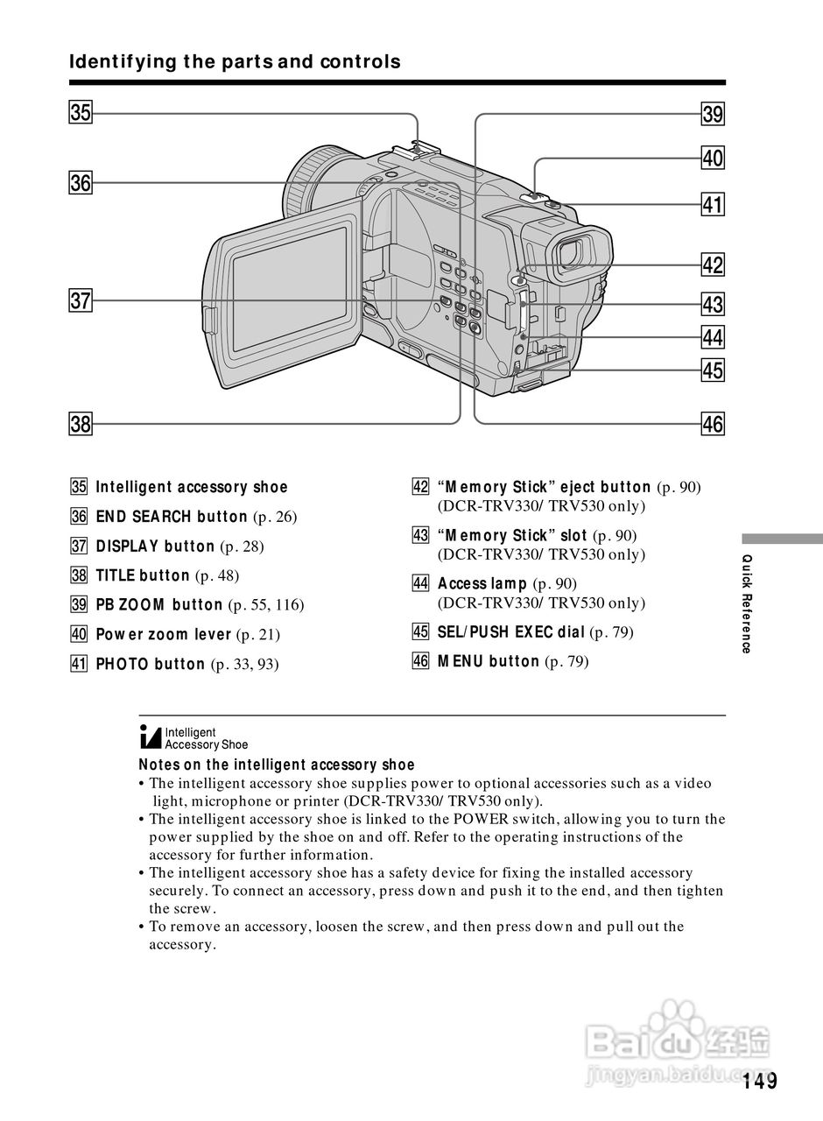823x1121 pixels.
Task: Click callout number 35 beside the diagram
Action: click(81, 113)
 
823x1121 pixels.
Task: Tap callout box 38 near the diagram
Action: click(81, 425)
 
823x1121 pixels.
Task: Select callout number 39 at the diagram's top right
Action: click(713, 114)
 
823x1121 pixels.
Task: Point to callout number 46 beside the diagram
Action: click(713, 425)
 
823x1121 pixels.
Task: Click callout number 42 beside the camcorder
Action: click(713, 264)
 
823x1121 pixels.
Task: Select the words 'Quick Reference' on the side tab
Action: click(746, 603)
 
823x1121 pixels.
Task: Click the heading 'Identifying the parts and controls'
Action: click(235, 62)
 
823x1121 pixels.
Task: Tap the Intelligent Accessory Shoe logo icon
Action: click(151, 737)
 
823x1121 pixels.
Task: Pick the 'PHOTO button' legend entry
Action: click(150, 664)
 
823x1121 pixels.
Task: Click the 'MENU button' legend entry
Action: click(489, 661)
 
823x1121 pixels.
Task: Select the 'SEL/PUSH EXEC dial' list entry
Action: click(510, 631)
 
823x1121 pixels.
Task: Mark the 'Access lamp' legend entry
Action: click(482, 583)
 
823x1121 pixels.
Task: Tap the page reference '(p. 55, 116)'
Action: click(266, 605)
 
